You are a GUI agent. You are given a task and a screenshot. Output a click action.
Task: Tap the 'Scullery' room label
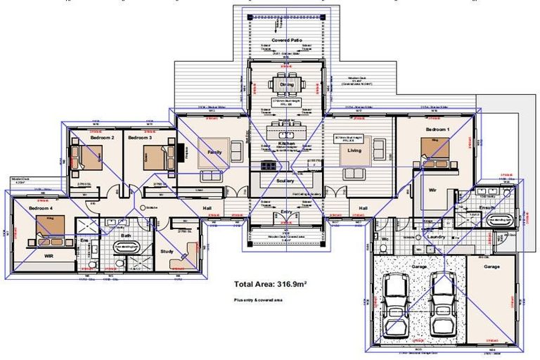pyautogui.click(x=285, y=181)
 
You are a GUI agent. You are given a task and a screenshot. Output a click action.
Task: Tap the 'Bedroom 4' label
pyautogui.click(x=41, y=210)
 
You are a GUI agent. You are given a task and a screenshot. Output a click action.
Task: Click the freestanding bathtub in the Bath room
pyautogui.click(x=128, y=247)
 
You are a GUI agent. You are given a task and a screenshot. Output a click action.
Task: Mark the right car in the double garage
pyautogui.click(x=442, y=303)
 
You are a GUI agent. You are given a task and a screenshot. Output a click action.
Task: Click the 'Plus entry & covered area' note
pyautogui.click(x=258, y=300)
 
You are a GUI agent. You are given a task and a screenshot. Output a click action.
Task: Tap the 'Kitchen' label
pyautogui.click(x=286, y=143)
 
